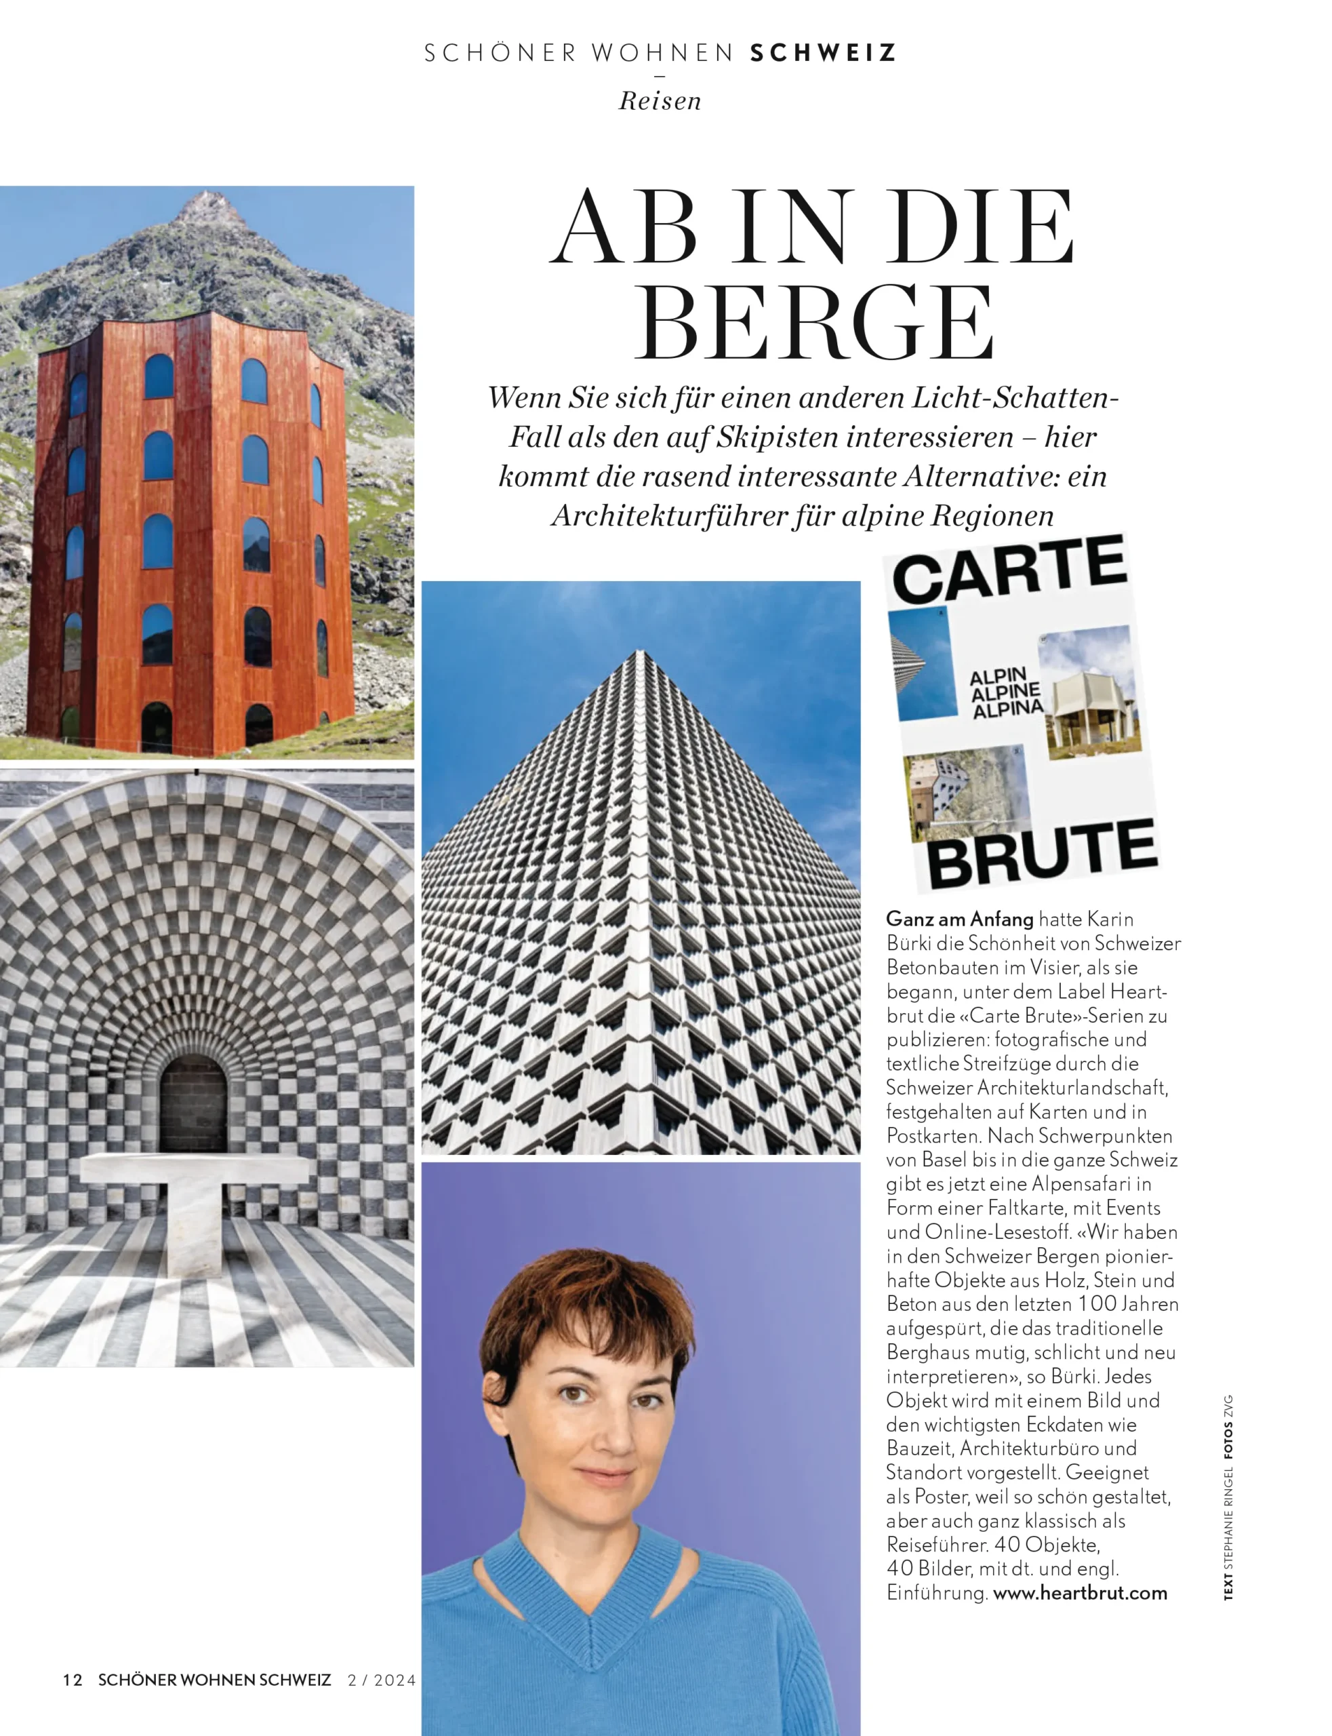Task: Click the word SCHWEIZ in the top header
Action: point(823,53)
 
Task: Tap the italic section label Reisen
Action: point(660,102)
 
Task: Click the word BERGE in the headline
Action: point(813,323)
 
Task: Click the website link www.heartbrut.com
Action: point(1080,1592)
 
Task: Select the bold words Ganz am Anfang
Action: point(959,919)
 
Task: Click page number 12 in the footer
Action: point(72,1680)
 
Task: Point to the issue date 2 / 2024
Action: point(382,1680)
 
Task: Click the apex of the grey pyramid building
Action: point(640,652)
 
